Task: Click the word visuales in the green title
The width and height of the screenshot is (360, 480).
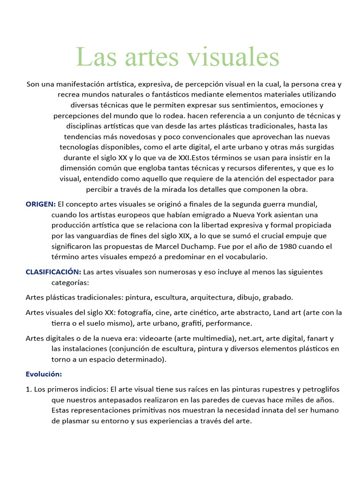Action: pyautogui.click(x=232, y=57)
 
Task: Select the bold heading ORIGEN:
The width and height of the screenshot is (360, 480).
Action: pyautogui.click(x=40, y=204)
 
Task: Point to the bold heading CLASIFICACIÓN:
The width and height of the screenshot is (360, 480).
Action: pyautogui.click(x=53, y=272)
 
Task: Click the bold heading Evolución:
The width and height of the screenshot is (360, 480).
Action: pyautogui.click(x=44, y=374)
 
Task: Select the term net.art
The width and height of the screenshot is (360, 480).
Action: pyautogui.click(x=251, y=338)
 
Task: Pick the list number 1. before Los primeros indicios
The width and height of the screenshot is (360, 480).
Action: pyautogui.click(x=29, y=389)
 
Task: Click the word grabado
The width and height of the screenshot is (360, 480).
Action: pyautogui.click(x=277, y=297)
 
